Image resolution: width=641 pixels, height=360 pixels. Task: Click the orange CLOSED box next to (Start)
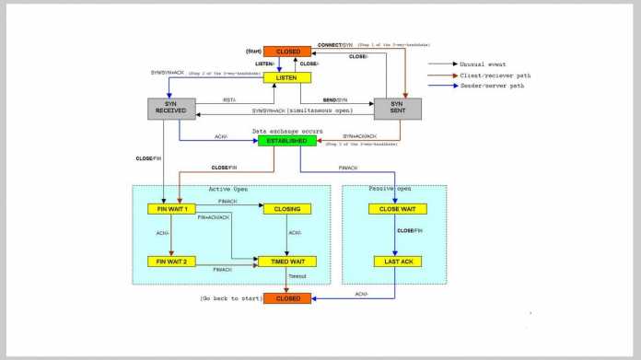(x=288, y=52)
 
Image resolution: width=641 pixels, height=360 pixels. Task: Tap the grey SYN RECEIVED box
(x=173, y=109)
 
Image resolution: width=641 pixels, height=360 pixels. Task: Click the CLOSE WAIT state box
(x=396, y=209)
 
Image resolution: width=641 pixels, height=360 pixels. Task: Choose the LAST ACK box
(x=396, y=261)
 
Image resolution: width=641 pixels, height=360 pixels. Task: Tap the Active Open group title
(x=230, y=191)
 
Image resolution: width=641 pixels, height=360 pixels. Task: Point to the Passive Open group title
(x=396, y=191)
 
